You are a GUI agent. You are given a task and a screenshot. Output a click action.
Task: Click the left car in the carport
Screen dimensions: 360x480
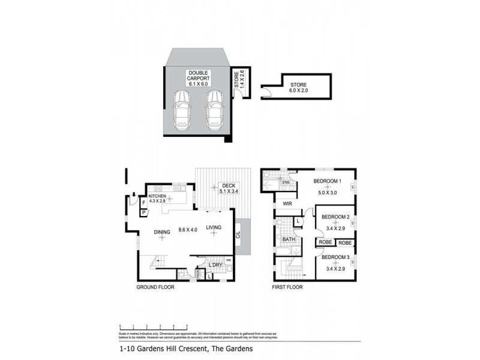pos(181,110)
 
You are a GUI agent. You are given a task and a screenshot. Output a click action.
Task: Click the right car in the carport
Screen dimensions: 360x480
pos(214,110)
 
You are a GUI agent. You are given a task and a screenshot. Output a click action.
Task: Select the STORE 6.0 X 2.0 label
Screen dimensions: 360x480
pos(299,88)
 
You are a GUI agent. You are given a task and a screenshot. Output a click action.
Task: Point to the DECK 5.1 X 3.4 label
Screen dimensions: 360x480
pos(227,188)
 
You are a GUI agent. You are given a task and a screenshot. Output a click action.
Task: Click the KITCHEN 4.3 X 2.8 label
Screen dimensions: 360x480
pos(157,199)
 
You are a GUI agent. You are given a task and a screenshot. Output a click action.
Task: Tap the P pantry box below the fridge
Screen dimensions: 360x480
pos(144,212)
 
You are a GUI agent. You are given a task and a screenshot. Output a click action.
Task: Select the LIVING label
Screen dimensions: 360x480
pos(214,227)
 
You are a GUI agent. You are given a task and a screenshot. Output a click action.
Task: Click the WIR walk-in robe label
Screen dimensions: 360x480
pos(287,204)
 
